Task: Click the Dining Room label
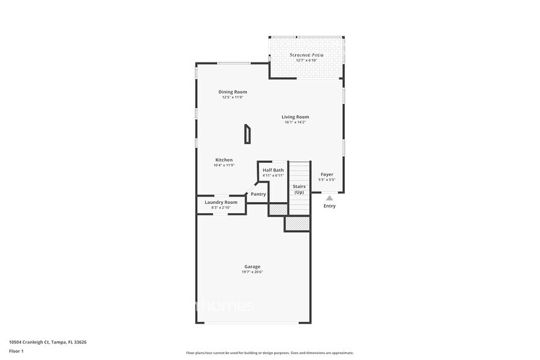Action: click(x=233, y=92)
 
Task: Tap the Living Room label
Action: click(x=295, y=117)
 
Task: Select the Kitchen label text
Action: click(x=223, y=160)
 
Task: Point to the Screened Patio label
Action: click(x=306, y=55)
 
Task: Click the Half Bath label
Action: click(x=273, y=170)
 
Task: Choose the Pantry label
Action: click(x=258, y=194)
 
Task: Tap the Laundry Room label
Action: click(x=221, y=202)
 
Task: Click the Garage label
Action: click(x=252, y=266)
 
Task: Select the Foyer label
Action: click(x=327, y=174)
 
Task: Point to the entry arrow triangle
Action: click(x=329, y=198)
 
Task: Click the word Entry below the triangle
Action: click(x=329, y=206)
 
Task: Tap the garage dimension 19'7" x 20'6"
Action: click(x=252, y=272)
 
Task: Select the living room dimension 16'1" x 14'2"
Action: click(x=295, y=122)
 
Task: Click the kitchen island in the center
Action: click(x=247, y=134)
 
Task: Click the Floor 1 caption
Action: click(x=17, y=351)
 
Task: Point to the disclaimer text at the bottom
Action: click(x=269, y=353)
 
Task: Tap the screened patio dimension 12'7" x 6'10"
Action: click(x=306, y=61)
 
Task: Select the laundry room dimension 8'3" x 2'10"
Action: click(x=221, y=208)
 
